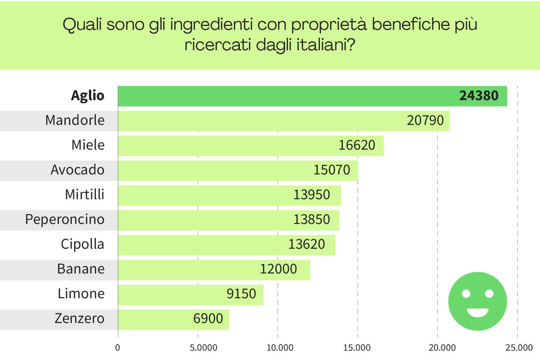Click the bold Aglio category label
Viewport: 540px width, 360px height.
click(x=88, y=96)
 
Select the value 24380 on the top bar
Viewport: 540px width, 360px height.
click(x=479, y=96)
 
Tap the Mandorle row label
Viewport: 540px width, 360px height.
click(x=75, y=121)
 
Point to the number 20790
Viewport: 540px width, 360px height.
click(x=425, y=121)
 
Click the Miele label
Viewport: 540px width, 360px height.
click(x=88, y=145)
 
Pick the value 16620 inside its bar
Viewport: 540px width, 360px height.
click(x=357, y=145)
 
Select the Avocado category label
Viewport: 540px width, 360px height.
click(x=78, y=170)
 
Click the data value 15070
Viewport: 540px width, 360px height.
click(x=331, y=170)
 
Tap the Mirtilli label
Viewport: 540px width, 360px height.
click(x=85, y=195)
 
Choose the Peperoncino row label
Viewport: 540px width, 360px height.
click(x=65, y=220)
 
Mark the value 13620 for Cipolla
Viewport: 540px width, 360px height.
click(x=306, y=244)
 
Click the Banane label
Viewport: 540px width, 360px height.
click(x=81, y=269)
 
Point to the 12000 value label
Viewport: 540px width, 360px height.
click(x=278, y=269)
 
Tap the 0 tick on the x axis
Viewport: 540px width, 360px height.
click(x=117, y=348)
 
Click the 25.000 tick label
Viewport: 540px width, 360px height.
click(x=519, y=348)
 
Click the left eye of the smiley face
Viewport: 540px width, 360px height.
click(x=466, y=294)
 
